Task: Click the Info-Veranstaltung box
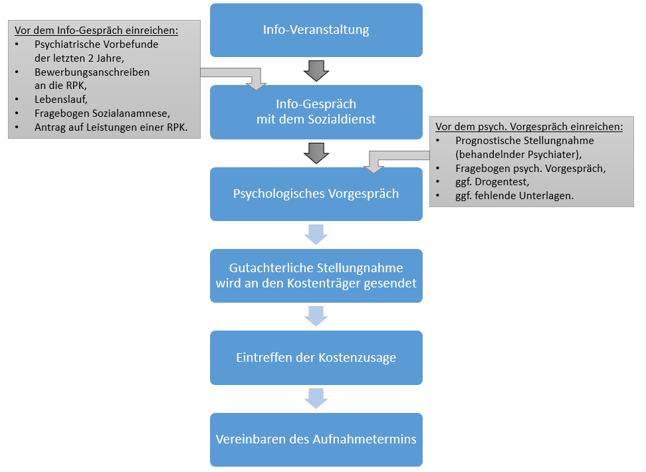(316, 30)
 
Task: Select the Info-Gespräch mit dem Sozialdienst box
(316, 112)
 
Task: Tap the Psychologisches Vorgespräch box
(316, 194)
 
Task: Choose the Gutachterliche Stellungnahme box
(316, 275)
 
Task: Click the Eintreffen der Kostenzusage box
(316, 358)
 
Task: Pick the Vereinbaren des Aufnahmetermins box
(316, 439)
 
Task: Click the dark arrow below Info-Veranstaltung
(316, 70)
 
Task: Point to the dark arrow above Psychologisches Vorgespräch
(316, 153)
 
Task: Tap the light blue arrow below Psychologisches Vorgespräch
(316, 234)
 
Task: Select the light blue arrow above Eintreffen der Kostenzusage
(316, 316)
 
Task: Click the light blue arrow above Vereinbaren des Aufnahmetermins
(316, 398)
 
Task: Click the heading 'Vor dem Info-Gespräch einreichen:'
(96, 31)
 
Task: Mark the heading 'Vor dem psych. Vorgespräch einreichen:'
(529, 126)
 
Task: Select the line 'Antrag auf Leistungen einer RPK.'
(111, 127)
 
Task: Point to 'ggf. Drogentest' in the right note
(492, 182)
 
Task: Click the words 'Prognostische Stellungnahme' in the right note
(524, 141)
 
